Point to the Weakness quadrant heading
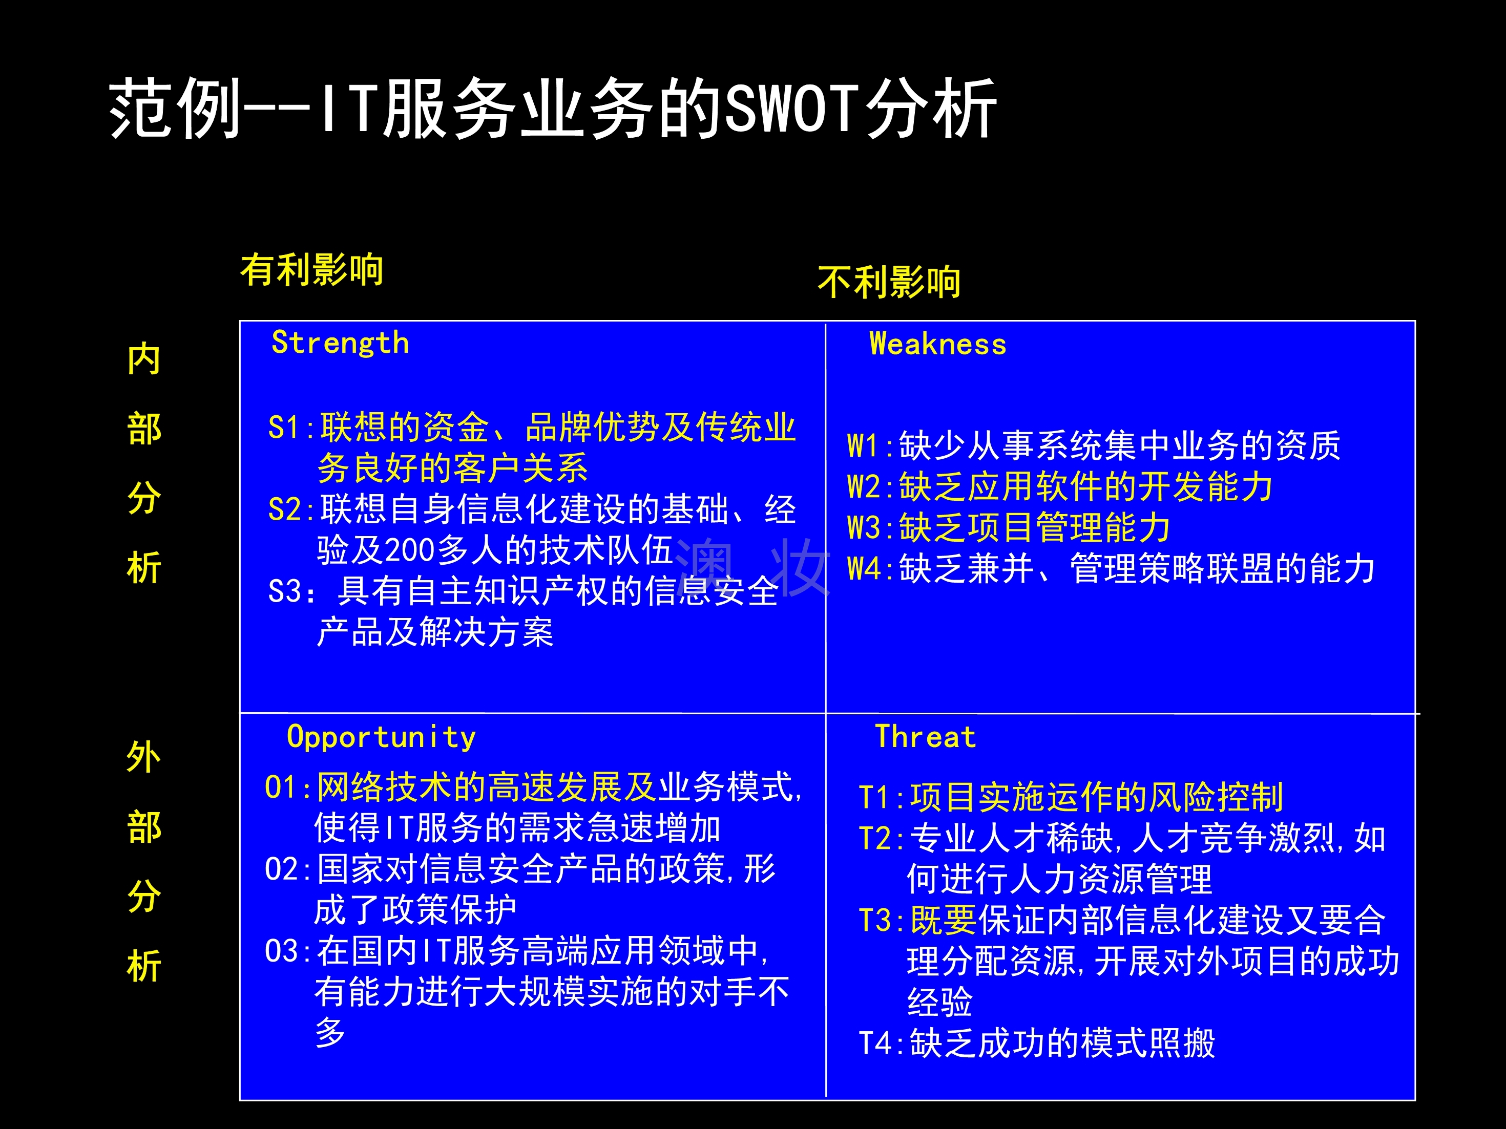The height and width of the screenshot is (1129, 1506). (937, 345)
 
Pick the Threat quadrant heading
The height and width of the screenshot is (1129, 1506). (925, 737)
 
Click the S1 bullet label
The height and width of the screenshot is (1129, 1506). (284, 428)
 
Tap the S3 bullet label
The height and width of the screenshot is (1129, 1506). (284, 591)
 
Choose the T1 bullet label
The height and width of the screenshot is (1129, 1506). (875, 798)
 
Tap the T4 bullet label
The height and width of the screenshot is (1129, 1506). (875, 1043)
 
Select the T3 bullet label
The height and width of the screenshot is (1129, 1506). (875, 921)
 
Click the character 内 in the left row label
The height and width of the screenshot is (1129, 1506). (143, 359)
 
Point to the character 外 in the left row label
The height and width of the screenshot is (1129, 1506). (143, 757)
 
